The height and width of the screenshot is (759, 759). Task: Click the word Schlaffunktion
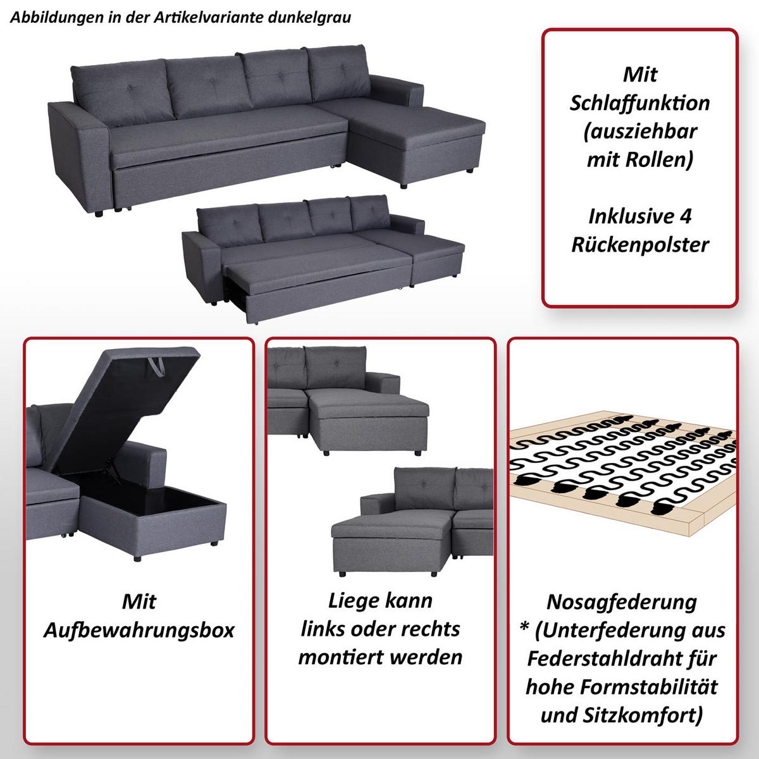[x=639, y=103]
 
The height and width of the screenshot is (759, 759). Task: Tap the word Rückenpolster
[x=640, y=245]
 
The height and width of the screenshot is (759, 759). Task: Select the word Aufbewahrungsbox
[x=139, y=630]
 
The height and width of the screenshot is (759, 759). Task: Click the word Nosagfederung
[x=622, y=602]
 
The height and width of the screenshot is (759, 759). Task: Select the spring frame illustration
[x=623, y=474]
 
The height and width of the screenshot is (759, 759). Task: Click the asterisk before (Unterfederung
[x=524, y=629]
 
